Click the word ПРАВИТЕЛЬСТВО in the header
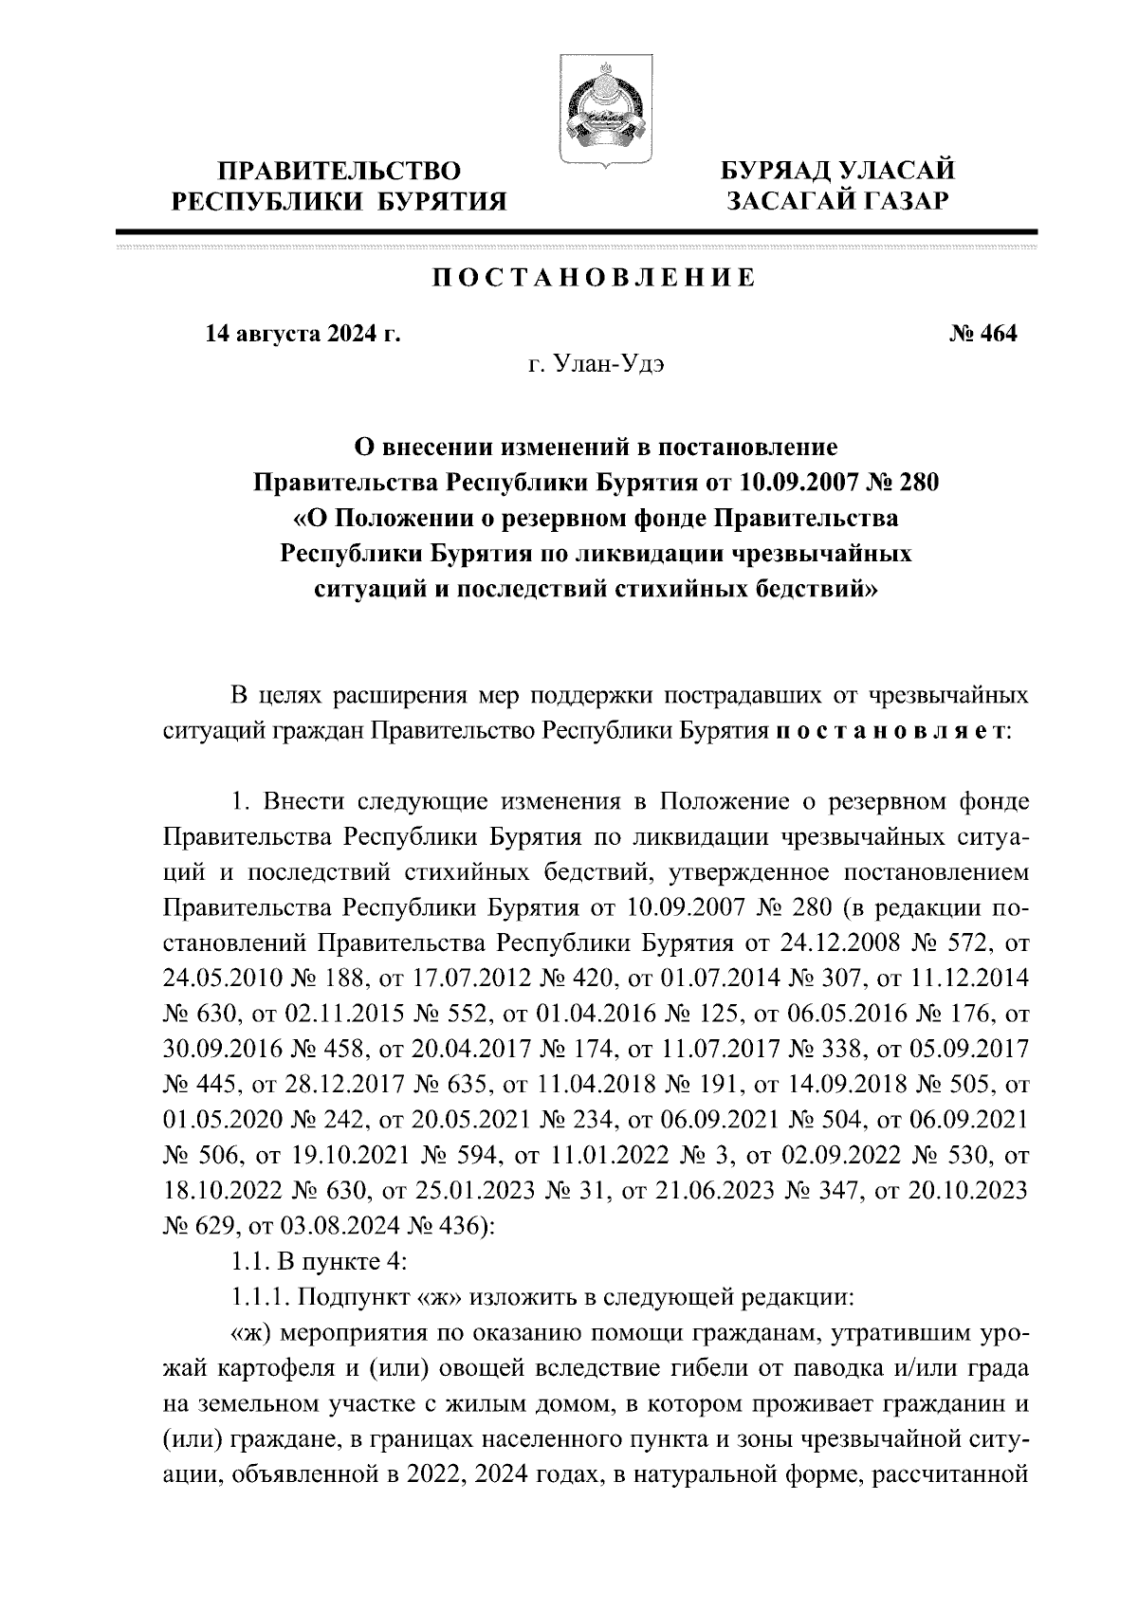[340, 172]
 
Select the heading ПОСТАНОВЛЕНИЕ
[595, 278]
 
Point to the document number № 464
[982, 334]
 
